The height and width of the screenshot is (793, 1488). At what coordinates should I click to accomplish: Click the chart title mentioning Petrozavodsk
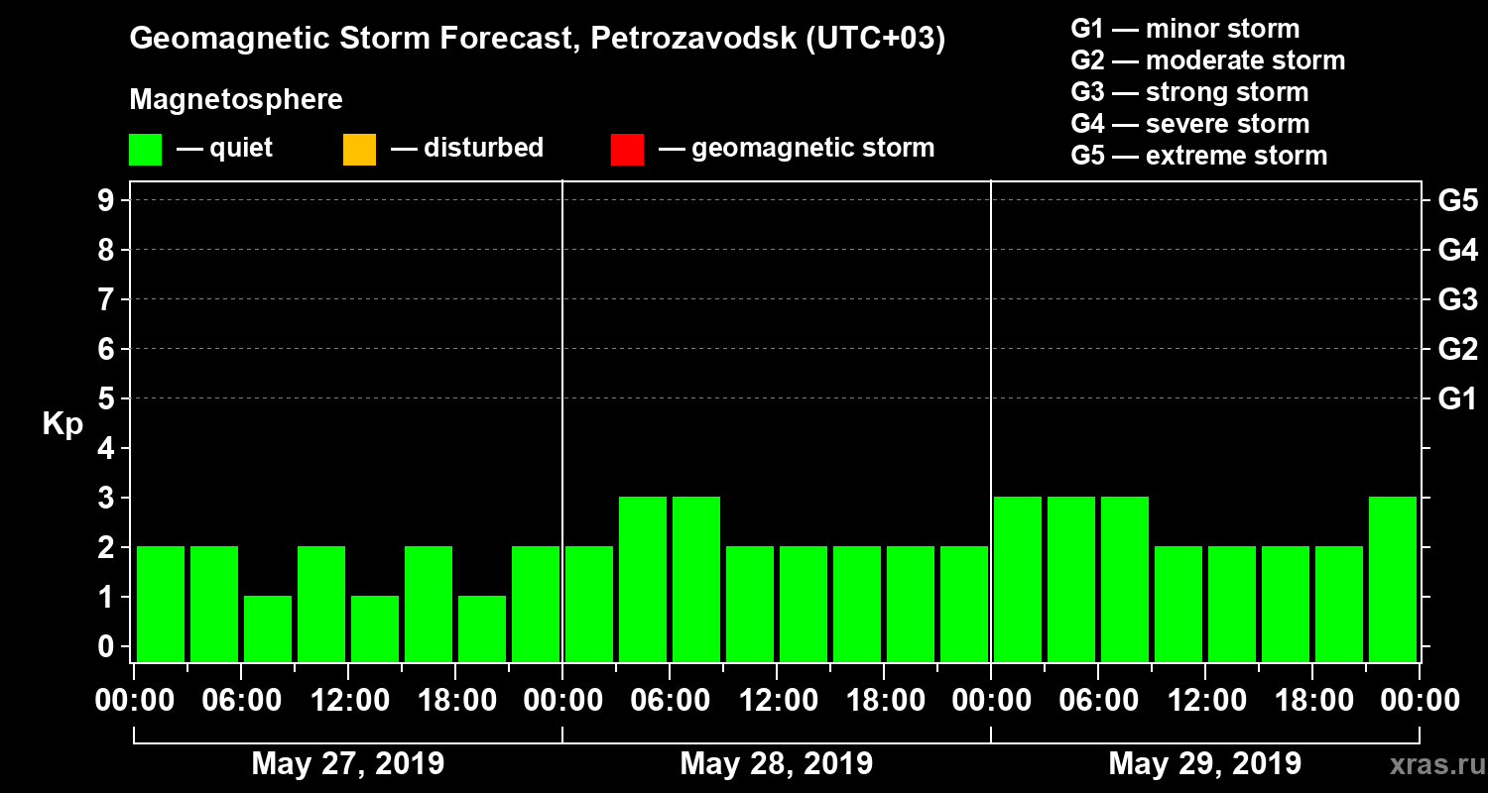537,39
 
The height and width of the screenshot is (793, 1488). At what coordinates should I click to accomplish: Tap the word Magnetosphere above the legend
236,100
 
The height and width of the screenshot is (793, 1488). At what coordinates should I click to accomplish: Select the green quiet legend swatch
145,150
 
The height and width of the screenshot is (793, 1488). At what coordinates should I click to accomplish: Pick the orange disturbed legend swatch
359,150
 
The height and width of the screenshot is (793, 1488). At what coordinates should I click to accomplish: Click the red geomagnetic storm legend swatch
627,150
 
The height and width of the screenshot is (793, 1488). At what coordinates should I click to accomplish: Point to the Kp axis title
62,424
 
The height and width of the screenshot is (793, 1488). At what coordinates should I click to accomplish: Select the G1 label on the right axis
1457,399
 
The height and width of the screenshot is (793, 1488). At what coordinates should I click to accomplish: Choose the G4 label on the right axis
1457,250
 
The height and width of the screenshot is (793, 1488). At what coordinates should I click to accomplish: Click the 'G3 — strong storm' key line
1189,92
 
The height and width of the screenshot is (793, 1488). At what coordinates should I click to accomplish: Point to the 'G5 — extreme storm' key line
1198,156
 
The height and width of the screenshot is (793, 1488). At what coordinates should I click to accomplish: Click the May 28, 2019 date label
776,763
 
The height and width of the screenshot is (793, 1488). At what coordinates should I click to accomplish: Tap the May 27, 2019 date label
347,763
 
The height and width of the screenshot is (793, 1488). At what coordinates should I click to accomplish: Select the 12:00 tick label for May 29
1204,701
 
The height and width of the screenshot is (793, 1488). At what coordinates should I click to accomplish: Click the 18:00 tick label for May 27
455,701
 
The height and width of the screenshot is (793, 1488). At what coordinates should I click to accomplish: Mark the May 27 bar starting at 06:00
268,628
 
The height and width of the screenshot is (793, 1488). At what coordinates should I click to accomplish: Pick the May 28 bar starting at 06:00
696,579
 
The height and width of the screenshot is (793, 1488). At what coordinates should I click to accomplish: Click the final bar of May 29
1393,579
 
